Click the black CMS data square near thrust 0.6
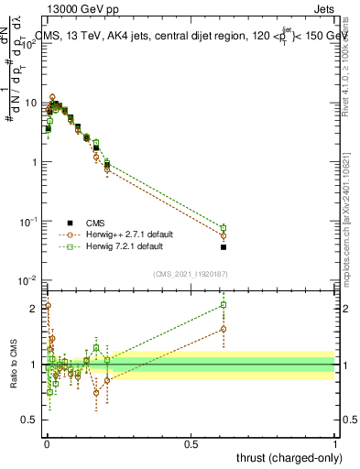tap(224, 247)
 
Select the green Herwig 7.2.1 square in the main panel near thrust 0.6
tap(224, 228)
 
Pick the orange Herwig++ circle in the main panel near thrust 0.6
tap(224, 235)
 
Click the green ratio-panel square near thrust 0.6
tap(224, 305)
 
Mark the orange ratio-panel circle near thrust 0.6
tap(224, 329)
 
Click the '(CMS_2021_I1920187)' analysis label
tap(191, 272)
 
